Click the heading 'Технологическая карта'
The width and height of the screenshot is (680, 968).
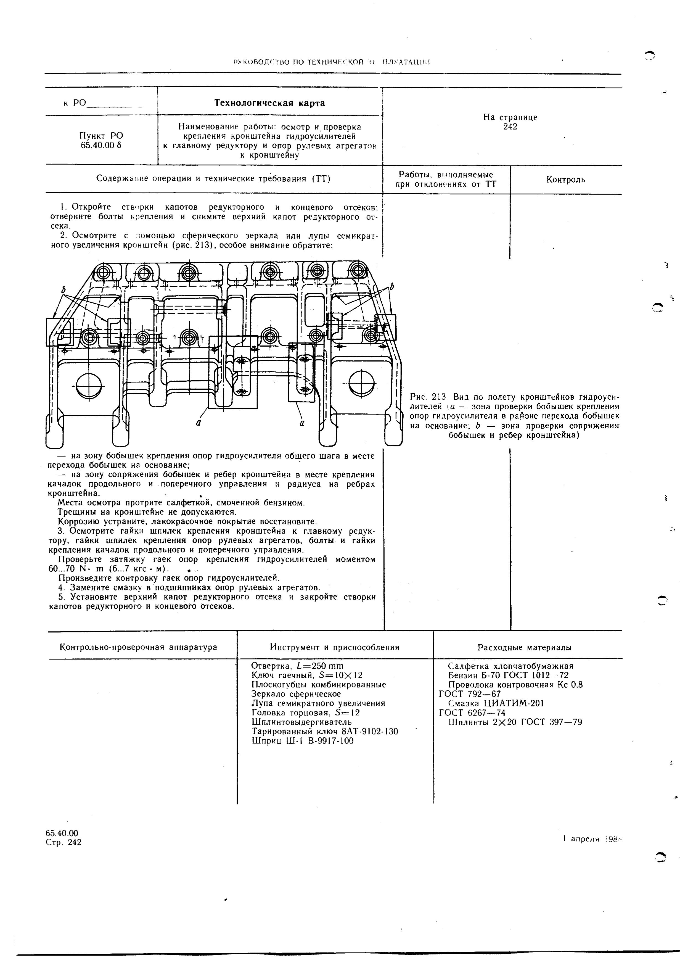point(270,103)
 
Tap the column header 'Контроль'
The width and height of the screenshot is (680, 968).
point(566,180)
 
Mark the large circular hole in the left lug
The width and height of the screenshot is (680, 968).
point(89,384)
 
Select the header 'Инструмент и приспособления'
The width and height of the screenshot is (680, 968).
point(334,647)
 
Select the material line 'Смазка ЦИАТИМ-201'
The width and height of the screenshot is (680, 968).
point(496,703)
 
